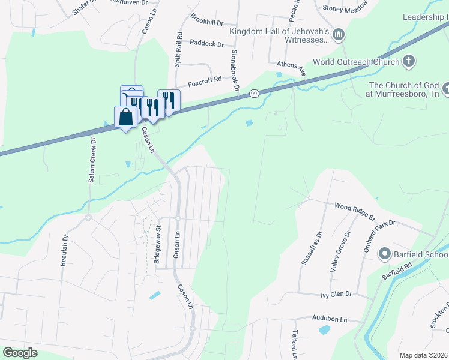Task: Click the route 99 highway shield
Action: pyautogui.click(x=255, y=93)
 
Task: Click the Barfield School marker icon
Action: pyautogui.click(x=384, y=254)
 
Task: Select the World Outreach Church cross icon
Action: pyautogui.click(x=408, y=61)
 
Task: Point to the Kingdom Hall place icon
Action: pyautogui.click(x=339, y=35)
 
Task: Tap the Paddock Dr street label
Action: pyautogui.click(x=206, y=44)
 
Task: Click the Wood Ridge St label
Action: pyautogui.click(x=354, y=210)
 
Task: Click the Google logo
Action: pyautogui.click(x=20, y=353)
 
